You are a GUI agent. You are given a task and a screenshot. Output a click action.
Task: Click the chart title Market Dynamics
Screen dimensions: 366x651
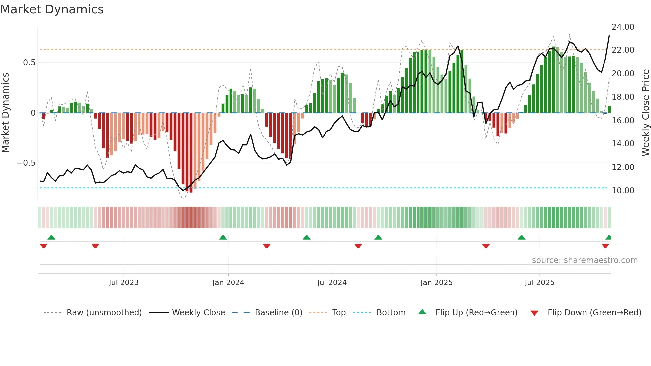[x=52, y=9]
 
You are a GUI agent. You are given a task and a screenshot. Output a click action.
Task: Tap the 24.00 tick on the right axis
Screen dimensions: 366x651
[x=623, y=27]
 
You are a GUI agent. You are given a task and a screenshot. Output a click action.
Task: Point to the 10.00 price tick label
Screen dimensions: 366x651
[x=623, y=191]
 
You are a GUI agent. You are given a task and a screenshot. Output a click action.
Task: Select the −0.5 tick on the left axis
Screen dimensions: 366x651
[x=26, y=163]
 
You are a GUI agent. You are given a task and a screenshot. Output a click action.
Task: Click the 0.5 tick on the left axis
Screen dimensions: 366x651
[x=29, y=63]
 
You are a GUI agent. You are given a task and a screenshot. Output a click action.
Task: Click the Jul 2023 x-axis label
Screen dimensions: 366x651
[x=124, y=283]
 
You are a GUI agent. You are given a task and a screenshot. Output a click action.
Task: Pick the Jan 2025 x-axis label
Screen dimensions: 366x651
[x=436, y=283]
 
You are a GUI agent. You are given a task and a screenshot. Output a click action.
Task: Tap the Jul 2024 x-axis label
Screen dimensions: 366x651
[x=332, y=283]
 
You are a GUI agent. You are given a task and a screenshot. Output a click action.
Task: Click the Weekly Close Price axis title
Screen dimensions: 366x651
[x=645, y=113]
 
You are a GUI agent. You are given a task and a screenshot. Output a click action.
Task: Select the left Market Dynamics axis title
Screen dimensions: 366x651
[x=5, y=113]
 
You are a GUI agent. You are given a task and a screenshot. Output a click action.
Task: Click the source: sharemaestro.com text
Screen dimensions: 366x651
[x=585, y=260]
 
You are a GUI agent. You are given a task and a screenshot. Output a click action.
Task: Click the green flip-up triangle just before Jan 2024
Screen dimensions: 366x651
[x=223, y=238]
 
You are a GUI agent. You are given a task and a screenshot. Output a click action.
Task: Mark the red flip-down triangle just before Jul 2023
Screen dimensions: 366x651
[x=95, y=246]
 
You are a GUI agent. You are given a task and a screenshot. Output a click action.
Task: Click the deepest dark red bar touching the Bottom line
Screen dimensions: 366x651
[x=191, y=153]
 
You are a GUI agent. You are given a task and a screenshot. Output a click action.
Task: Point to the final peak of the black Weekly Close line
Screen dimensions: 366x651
[x=609, y=36]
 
